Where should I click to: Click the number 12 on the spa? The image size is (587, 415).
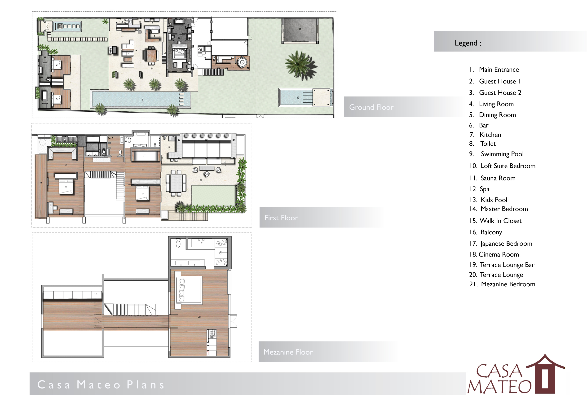tap(300, 29)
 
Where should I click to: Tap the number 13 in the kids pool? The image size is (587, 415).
tap(298, 98)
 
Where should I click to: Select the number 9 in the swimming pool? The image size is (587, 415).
tap(143, 100)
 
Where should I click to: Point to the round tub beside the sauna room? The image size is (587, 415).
tap(241, 62)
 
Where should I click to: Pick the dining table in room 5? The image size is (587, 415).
tap(152, 56)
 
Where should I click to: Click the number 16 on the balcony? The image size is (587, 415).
tap(41, 183)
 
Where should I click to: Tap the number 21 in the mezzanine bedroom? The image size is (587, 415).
tap(199, 317)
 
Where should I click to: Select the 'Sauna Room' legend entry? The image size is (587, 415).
tap(492, 178)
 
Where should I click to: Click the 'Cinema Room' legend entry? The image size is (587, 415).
tap(494, 254)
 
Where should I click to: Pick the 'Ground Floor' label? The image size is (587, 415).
tap(371, 107)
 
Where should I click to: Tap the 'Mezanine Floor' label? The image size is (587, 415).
tap(288, 352)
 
